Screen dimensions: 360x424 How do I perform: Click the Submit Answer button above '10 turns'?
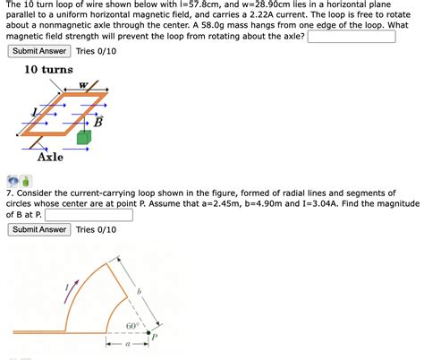point(39,51)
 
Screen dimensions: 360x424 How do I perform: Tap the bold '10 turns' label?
point(48,71)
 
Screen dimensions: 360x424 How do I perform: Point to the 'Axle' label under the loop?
point(50,158)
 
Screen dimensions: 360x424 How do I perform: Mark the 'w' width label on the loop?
point(82,86)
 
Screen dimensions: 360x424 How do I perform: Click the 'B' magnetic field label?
point(110,122)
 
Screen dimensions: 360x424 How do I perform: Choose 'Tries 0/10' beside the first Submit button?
point(96,51)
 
